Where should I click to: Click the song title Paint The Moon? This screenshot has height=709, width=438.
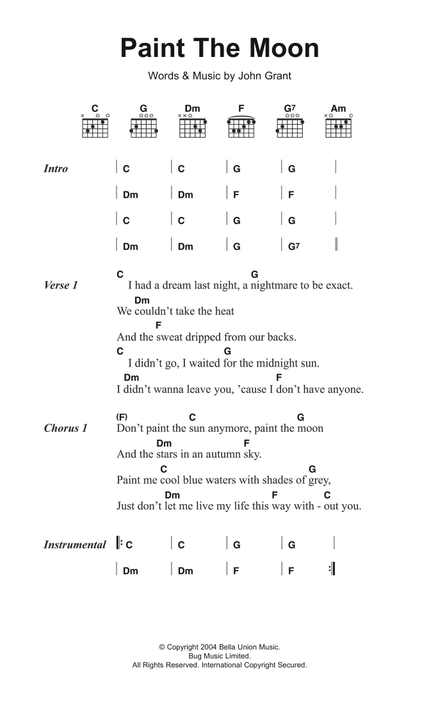(220, 49)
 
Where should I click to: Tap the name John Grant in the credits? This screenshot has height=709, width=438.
(264, 76)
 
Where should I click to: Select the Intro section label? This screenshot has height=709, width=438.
(56, 169)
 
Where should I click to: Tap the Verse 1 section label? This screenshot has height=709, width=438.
(61, 285)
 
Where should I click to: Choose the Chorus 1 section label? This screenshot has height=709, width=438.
(65, 428)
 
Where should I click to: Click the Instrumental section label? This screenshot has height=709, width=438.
(75, 545)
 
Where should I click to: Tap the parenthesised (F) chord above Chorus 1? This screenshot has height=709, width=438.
(122, 417)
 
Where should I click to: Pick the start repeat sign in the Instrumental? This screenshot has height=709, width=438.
(120, 545)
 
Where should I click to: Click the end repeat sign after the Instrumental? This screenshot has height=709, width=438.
(332, 570)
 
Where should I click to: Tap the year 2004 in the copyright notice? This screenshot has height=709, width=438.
(209, 648)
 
